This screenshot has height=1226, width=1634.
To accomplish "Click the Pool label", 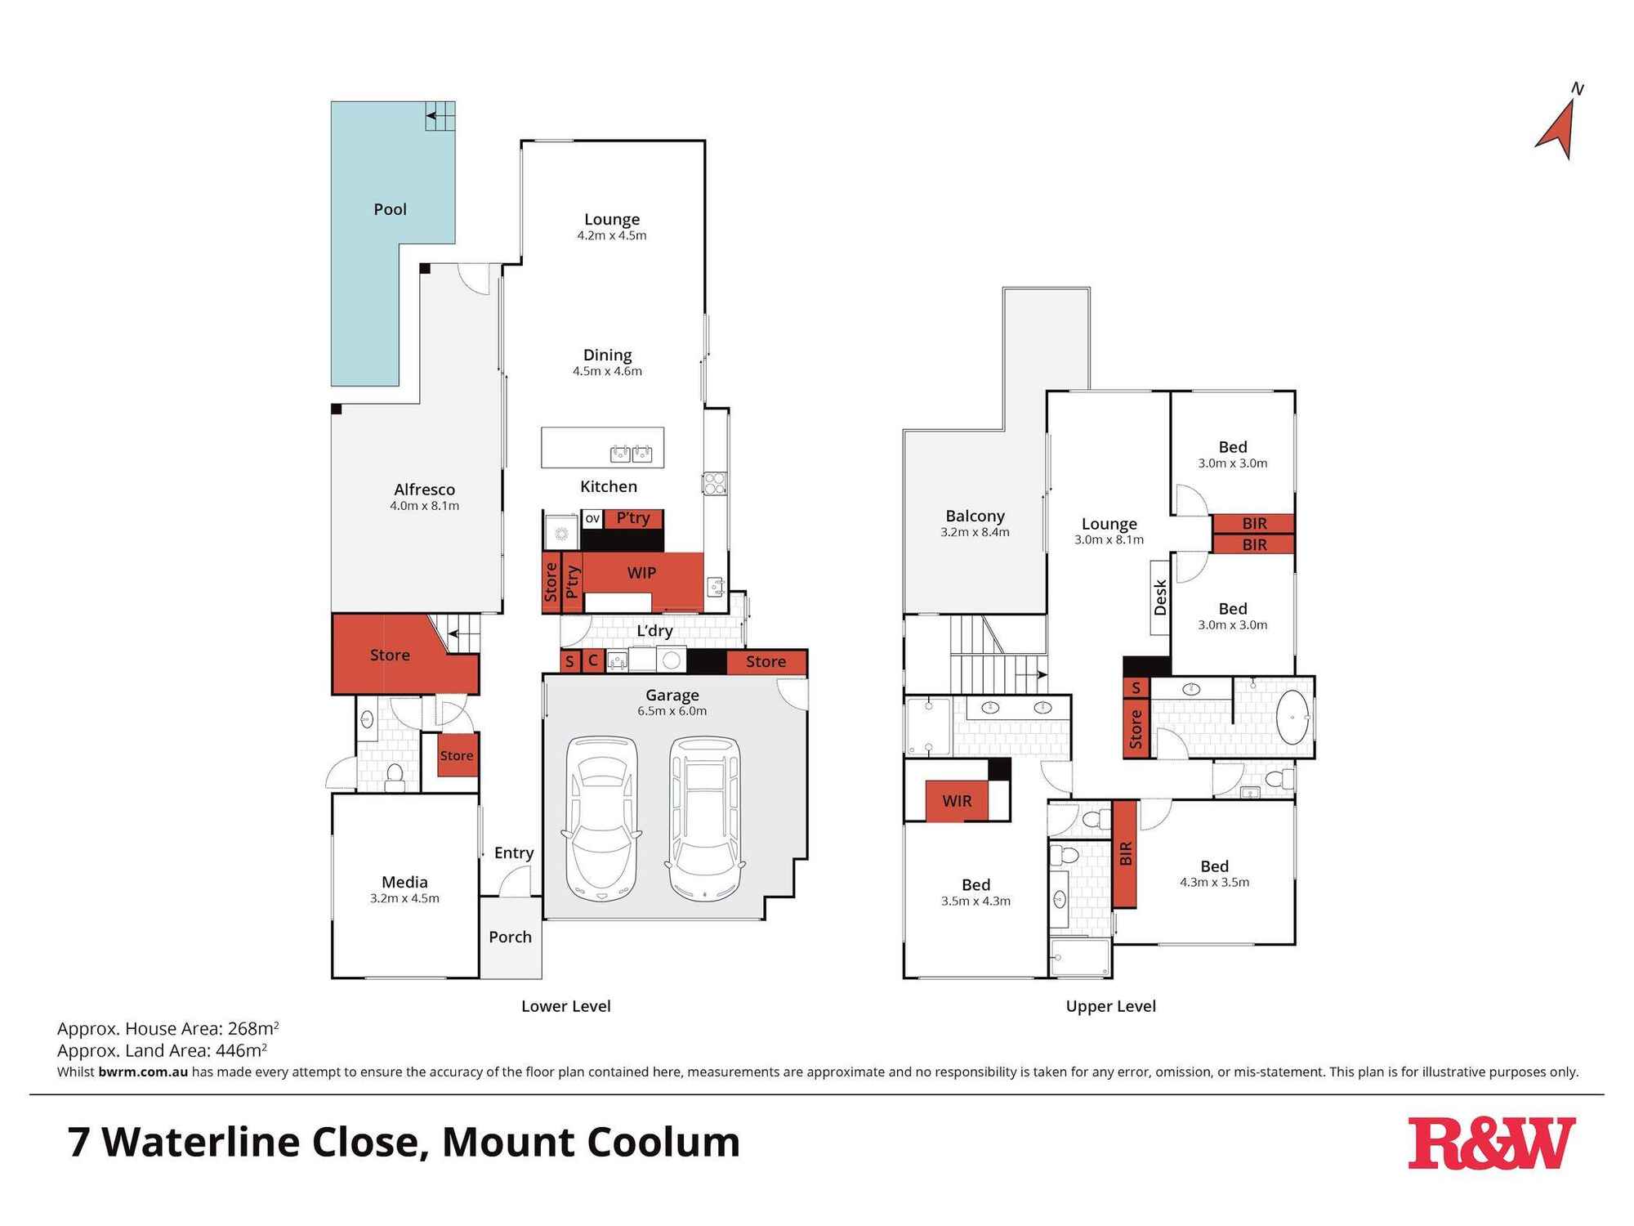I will [390, 209].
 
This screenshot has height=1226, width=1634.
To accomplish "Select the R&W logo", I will [1490, 1143].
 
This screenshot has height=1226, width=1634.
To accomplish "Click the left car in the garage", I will [602, 819].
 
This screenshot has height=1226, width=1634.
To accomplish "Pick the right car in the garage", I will [705, 819].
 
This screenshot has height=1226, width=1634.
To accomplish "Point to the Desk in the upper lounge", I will [1160, 597].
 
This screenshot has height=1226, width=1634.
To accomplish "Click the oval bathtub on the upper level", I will [1292, 718].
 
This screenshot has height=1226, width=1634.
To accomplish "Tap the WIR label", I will [957, 801].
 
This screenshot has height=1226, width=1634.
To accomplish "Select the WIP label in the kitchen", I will [641, 573].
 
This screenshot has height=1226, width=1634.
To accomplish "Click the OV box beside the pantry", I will [592, 519].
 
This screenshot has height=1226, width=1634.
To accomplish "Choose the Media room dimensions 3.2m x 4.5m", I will [404, 898].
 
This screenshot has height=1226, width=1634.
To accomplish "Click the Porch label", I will [510, 937].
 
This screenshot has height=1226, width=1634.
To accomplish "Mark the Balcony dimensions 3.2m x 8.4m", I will [975, 532].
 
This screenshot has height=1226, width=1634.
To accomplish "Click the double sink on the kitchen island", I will [631, 453].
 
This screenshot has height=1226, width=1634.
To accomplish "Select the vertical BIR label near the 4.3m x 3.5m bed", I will [1125, 854].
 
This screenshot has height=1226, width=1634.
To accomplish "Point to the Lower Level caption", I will [566, 1006].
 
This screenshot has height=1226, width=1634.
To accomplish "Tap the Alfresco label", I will [424, 490].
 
